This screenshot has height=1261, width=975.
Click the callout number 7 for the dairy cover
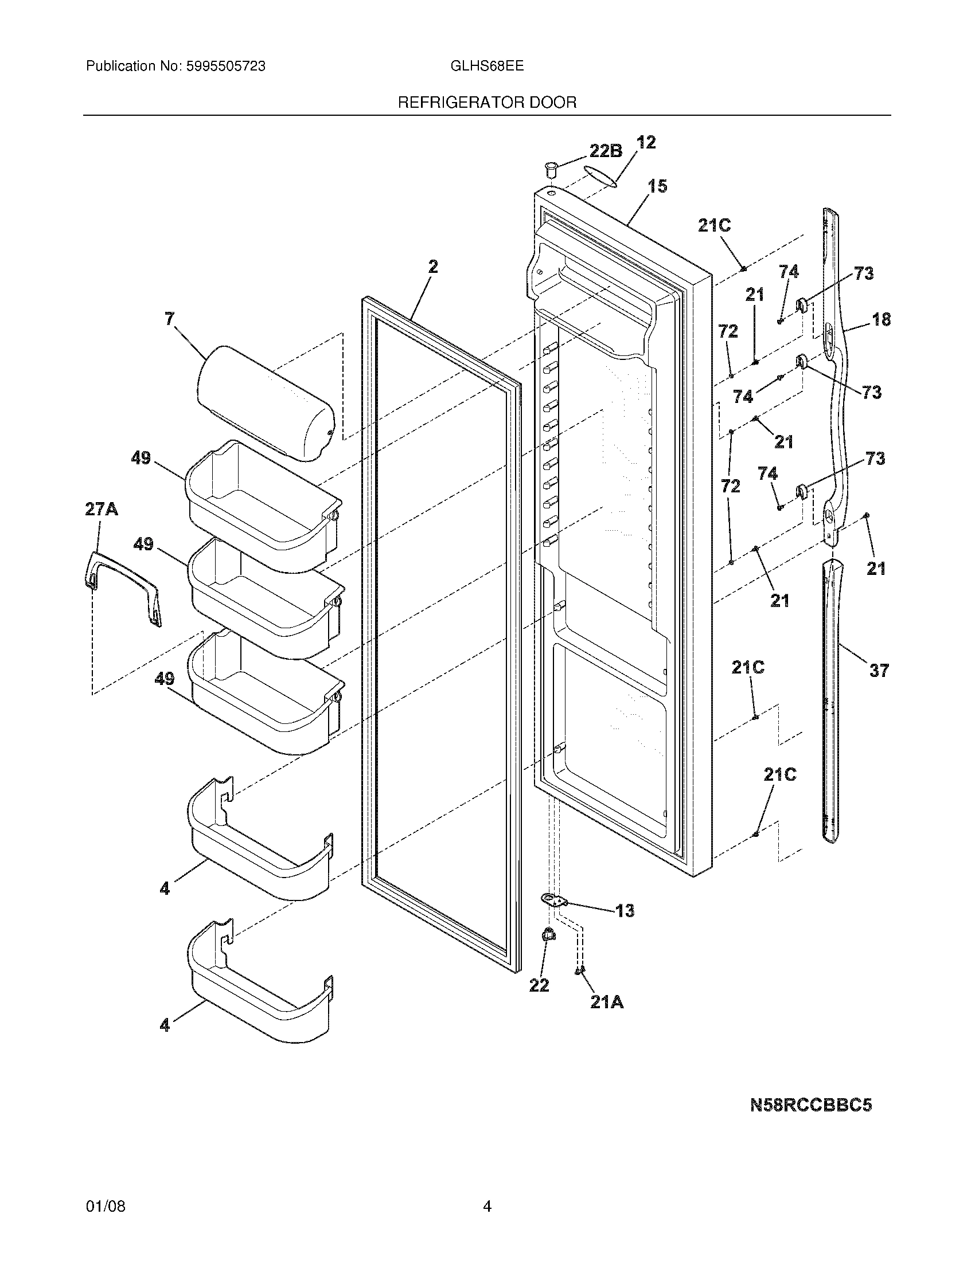(x=169, y=318)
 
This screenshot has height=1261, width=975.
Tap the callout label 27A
(x=101, y=509)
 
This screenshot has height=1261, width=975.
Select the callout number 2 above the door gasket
(x=432, y=267)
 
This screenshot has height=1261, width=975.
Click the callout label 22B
(x=605, y=151)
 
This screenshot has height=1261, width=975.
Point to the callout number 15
(x=657, y=186)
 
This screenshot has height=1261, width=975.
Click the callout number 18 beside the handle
(x=881, y=319)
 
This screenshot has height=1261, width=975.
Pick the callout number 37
(x=879, y=671)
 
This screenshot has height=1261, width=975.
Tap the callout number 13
(x=625, y=911)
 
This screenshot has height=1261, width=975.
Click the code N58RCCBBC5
(x=810, y=1105)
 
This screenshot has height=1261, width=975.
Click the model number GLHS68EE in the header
(x=486, y=66)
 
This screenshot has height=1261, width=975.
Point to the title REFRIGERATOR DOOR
(x=487, y=103)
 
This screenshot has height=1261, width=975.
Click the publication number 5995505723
(x=225, y=66)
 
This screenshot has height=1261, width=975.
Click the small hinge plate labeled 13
(x=554, y=899)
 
